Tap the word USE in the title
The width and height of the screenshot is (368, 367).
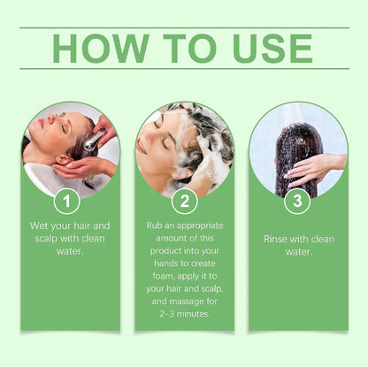272,49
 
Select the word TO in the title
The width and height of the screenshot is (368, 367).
190,49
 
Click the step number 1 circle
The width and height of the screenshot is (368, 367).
67,202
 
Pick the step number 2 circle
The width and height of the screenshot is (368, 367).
185,202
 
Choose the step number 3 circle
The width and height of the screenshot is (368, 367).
297,202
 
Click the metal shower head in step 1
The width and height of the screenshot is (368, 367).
93,141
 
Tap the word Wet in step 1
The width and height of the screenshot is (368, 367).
39,226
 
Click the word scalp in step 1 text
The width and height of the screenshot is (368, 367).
46,239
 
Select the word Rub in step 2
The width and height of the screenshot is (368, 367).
154,226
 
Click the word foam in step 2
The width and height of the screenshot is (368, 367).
163,276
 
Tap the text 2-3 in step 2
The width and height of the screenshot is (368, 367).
167,314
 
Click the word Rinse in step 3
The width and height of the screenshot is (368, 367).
276,239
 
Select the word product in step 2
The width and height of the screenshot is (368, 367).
165,251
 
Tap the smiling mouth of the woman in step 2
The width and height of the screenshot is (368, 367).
142,147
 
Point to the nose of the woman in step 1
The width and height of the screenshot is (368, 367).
51,118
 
